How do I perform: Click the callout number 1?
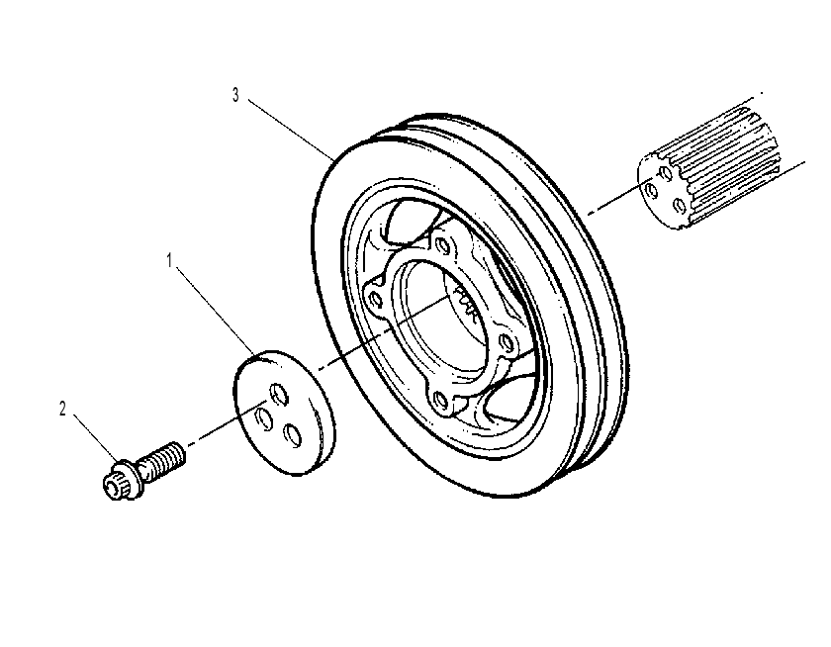point(169,260)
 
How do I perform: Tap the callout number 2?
point(63,409)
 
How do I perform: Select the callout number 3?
point(235,95)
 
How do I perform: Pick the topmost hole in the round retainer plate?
point(279,394)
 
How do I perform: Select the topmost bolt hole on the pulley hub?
point(442,244)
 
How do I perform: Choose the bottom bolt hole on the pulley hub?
point(441,398)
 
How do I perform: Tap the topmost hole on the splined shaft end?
point(663,172)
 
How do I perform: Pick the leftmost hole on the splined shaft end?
point(650,190)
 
